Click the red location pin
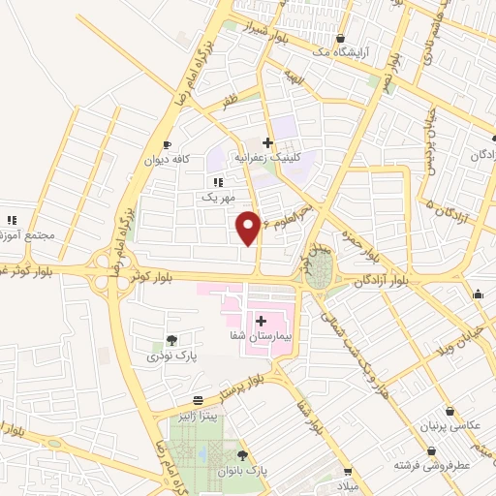(249, 227)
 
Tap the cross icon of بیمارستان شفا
(261, 320)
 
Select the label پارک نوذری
(171, 356)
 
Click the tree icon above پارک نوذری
(171, 340)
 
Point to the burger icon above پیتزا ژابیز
(198, 400)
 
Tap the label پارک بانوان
(242, 470)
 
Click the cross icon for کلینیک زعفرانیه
(267, 142)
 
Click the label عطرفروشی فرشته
(431, 465)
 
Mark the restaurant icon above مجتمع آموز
(12, 220)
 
